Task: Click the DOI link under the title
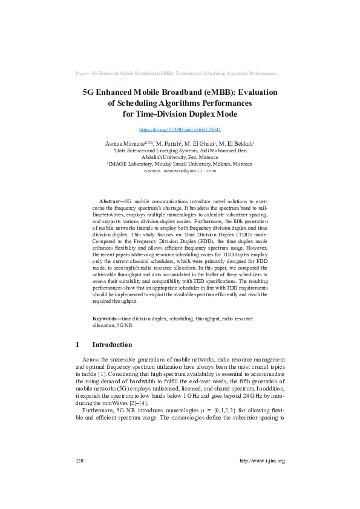tap(180, 129)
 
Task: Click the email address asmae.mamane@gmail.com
tap(180, 171)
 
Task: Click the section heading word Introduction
tap(112, 345)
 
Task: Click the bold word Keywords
tap(105, 318)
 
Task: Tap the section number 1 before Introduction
tap(77, 345)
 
